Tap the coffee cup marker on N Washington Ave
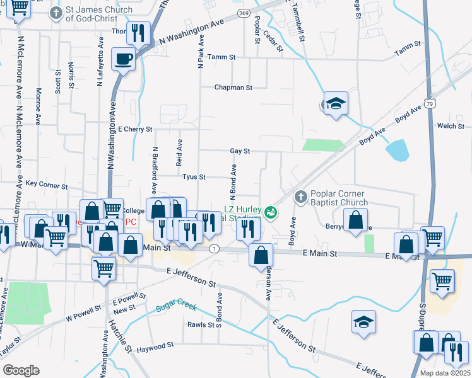123,60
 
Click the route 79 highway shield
430,102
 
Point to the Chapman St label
233,88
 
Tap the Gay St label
240,151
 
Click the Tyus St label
194,177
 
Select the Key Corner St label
47,185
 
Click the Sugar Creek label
176,308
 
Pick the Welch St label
451,126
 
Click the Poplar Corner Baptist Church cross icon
300,198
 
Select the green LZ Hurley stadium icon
271,213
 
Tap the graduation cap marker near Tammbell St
336,103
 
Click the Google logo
21,370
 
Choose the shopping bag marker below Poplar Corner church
356,220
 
